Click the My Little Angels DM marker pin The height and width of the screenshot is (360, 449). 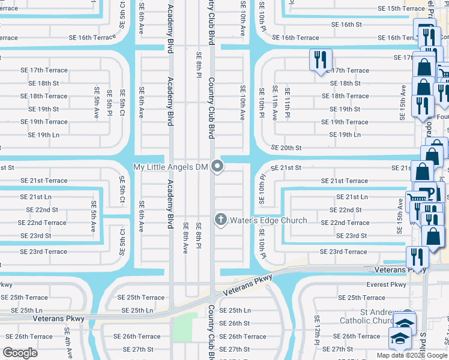(x=218, y=167)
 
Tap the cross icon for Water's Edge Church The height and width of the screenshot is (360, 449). (x=220, y=220)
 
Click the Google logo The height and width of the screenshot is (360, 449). (x=20, y=353)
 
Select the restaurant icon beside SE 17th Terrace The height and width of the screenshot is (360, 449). (x=320, y=60)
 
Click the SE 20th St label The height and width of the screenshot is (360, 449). (x=286, y=148)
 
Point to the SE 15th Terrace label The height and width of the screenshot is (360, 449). (x=401, y=8)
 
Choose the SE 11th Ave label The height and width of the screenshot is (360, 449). (x=275, y=103)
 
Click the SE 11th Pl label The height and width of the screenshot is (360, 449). (x=288, y=103)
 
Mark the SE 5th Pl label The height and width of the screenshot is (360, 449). (x=109, y=103)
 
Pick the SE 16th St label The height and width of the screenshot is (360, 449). (x=348, y=25)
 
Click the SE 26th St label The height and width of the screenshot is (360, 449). (x=234, y=323)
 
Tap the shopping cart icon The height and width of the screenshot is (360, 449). (x=415, y=198)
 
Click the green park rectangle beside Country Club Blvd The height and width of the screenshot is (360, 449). (x=189, y=326)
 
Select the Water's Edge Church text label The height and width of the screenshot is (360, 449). (x=268, y=220)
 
